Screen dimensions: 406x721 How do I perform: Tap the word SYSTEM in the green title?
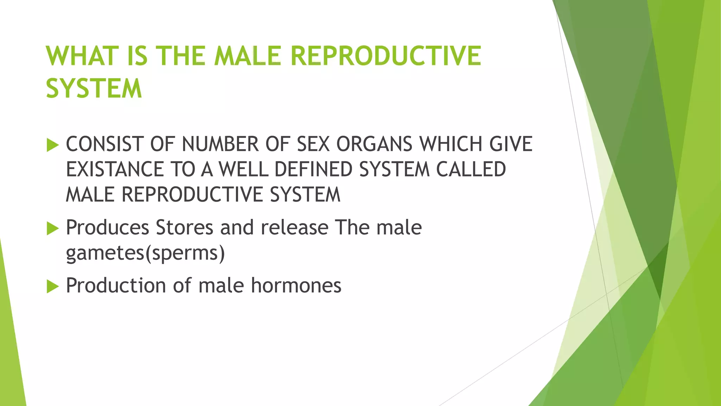[x=94, y=88]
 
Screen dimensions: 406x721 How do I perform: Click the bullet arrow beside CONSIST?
[x=52, y=145]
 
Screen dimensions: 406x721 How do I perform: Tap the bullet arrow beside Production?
[x=52, y=286]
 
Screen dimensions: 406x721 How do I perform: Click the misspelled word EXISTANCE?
[x=114, y=169]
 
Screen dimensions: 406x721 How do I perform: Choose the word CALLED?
[x=471, y=169]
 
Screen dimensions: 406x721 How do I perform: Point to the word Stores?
[x=184, y=227]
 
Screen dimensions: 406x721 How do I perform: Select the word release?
[x=294, y=227]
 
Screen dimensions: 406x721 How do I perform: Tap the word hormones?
[x=296, y=285]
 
